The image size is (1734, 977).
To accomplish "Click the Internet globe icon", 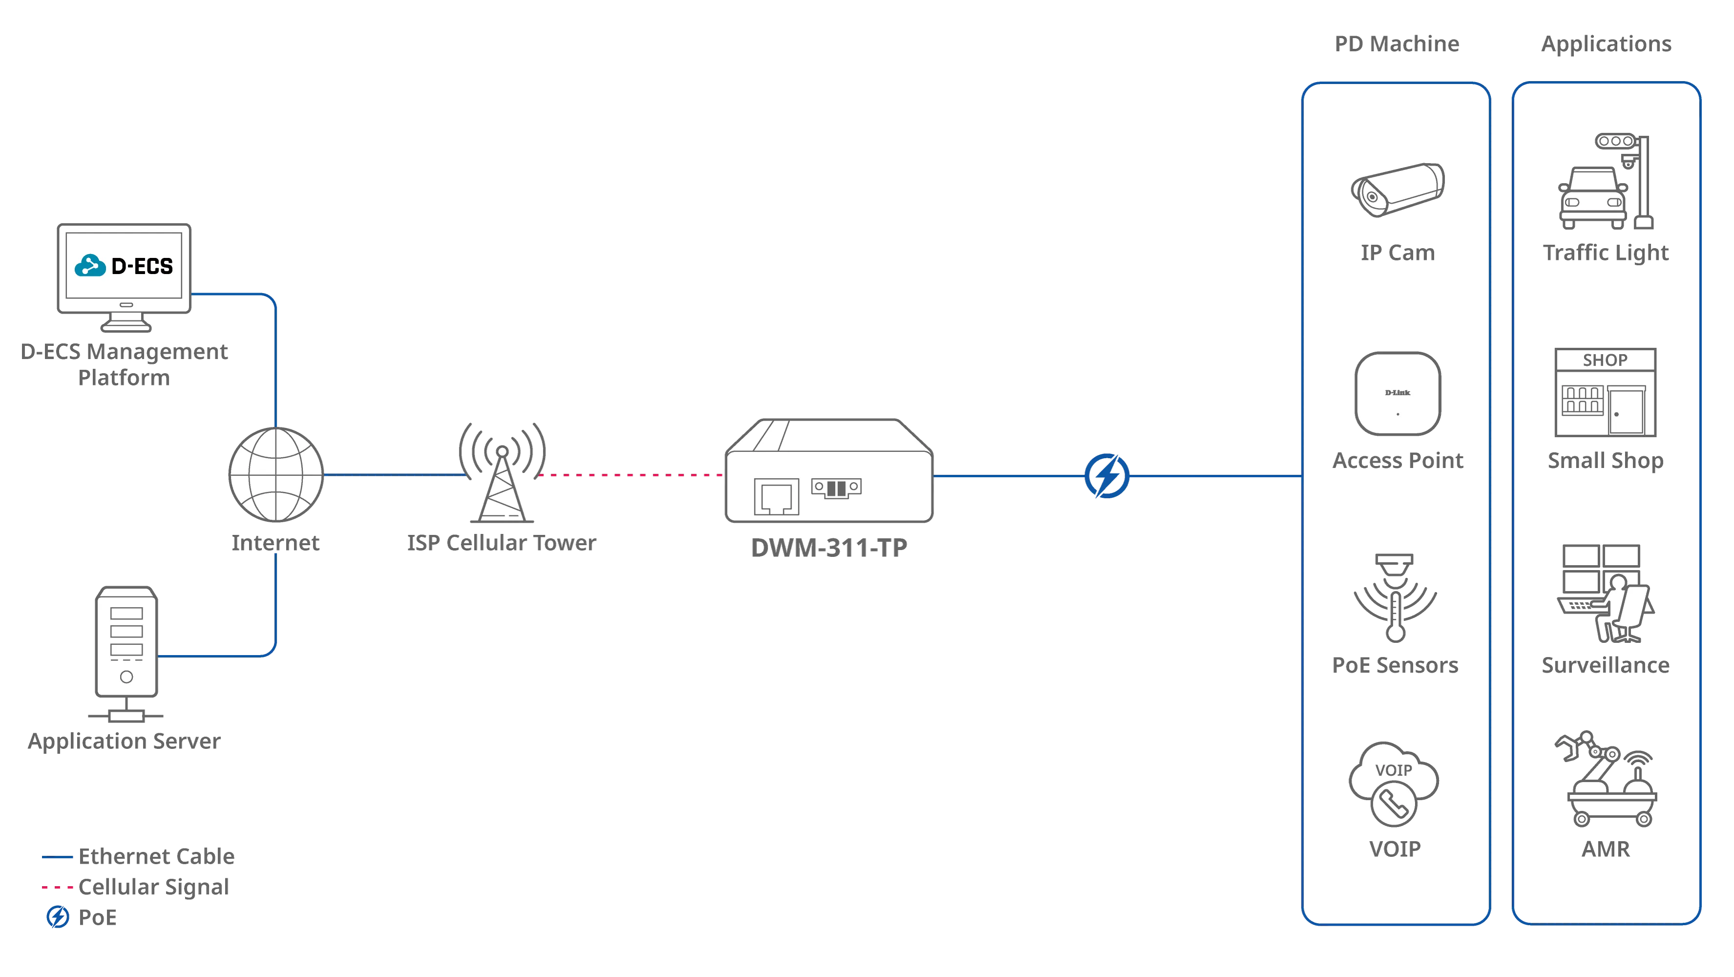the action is click(276, 475).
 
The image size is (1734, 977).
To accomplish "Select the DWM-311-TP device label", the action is click(829, 548).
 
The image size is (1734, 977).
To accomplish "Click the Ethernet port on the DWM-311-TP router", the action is click(776, 497).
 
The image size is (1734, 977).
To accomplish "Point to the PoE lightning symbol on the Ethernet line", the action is click(1107, 476).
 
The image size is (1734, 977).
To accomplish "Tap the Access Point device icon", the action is click(1398, 394).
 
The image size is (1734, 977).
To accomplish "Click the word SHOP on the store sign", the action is click(1605, 360).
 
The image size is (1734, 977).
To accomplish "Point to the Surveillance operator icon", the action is click(1606, 594).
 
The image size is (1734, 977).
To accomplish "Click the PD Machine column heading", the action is click(1397, 44).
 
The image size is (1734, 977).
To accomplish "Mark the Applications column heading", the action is click(1606, 44).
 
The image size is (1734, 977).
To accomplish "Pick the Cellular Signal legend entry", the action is click(135, 887).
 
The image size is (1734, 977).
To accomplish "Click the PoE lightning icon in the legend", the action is click(58, 916).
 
